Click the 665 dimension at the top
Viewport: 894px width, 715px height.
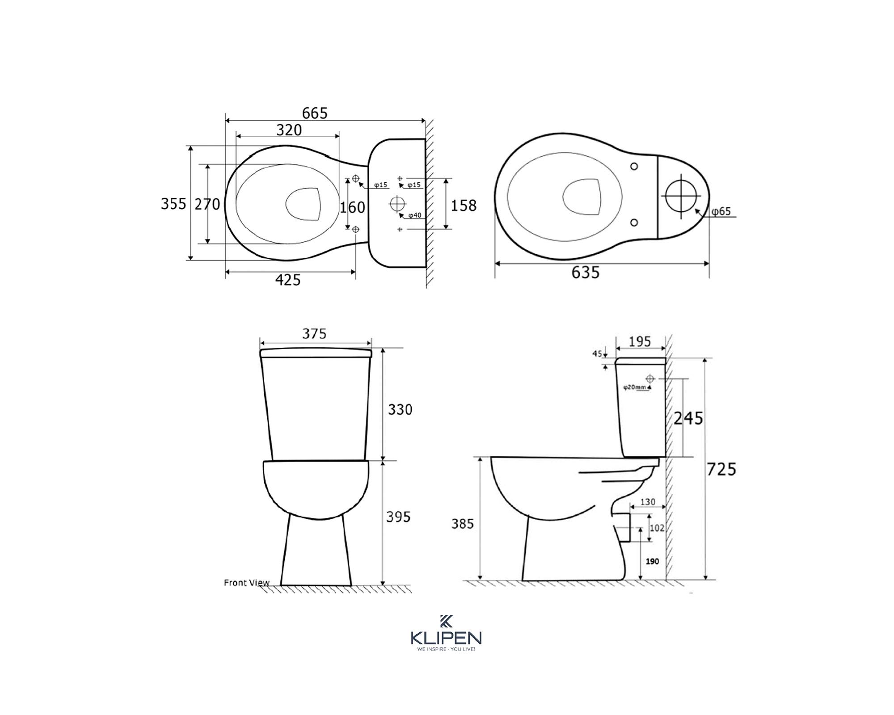click(315, 114)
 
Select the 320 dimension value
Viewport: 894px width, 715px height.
click(289, 130)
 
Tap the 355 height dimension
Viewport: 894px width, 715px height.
click(173, 204)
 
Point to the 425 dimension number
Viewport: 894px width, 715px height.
click(288, 280)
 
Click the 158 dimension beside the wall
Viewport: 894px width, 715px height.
click(464, 206)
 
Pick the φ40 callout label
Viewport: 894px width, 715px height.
click(415, 215)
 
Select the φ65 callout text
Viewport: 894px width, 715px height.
click(721, 211)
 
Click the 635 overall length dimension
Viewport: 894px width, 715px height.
click(586, 272)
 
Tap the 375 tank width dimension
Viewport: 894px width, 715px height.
click(314, 334)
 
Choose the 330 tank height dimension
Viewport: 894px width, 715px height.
click(400, 409)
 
